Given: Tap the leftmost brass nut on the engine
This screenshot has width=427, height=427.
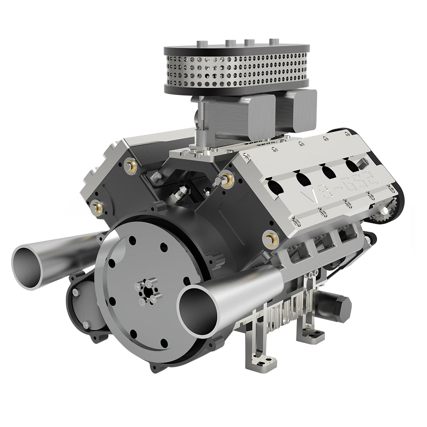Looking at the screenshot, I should [94, 205].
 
